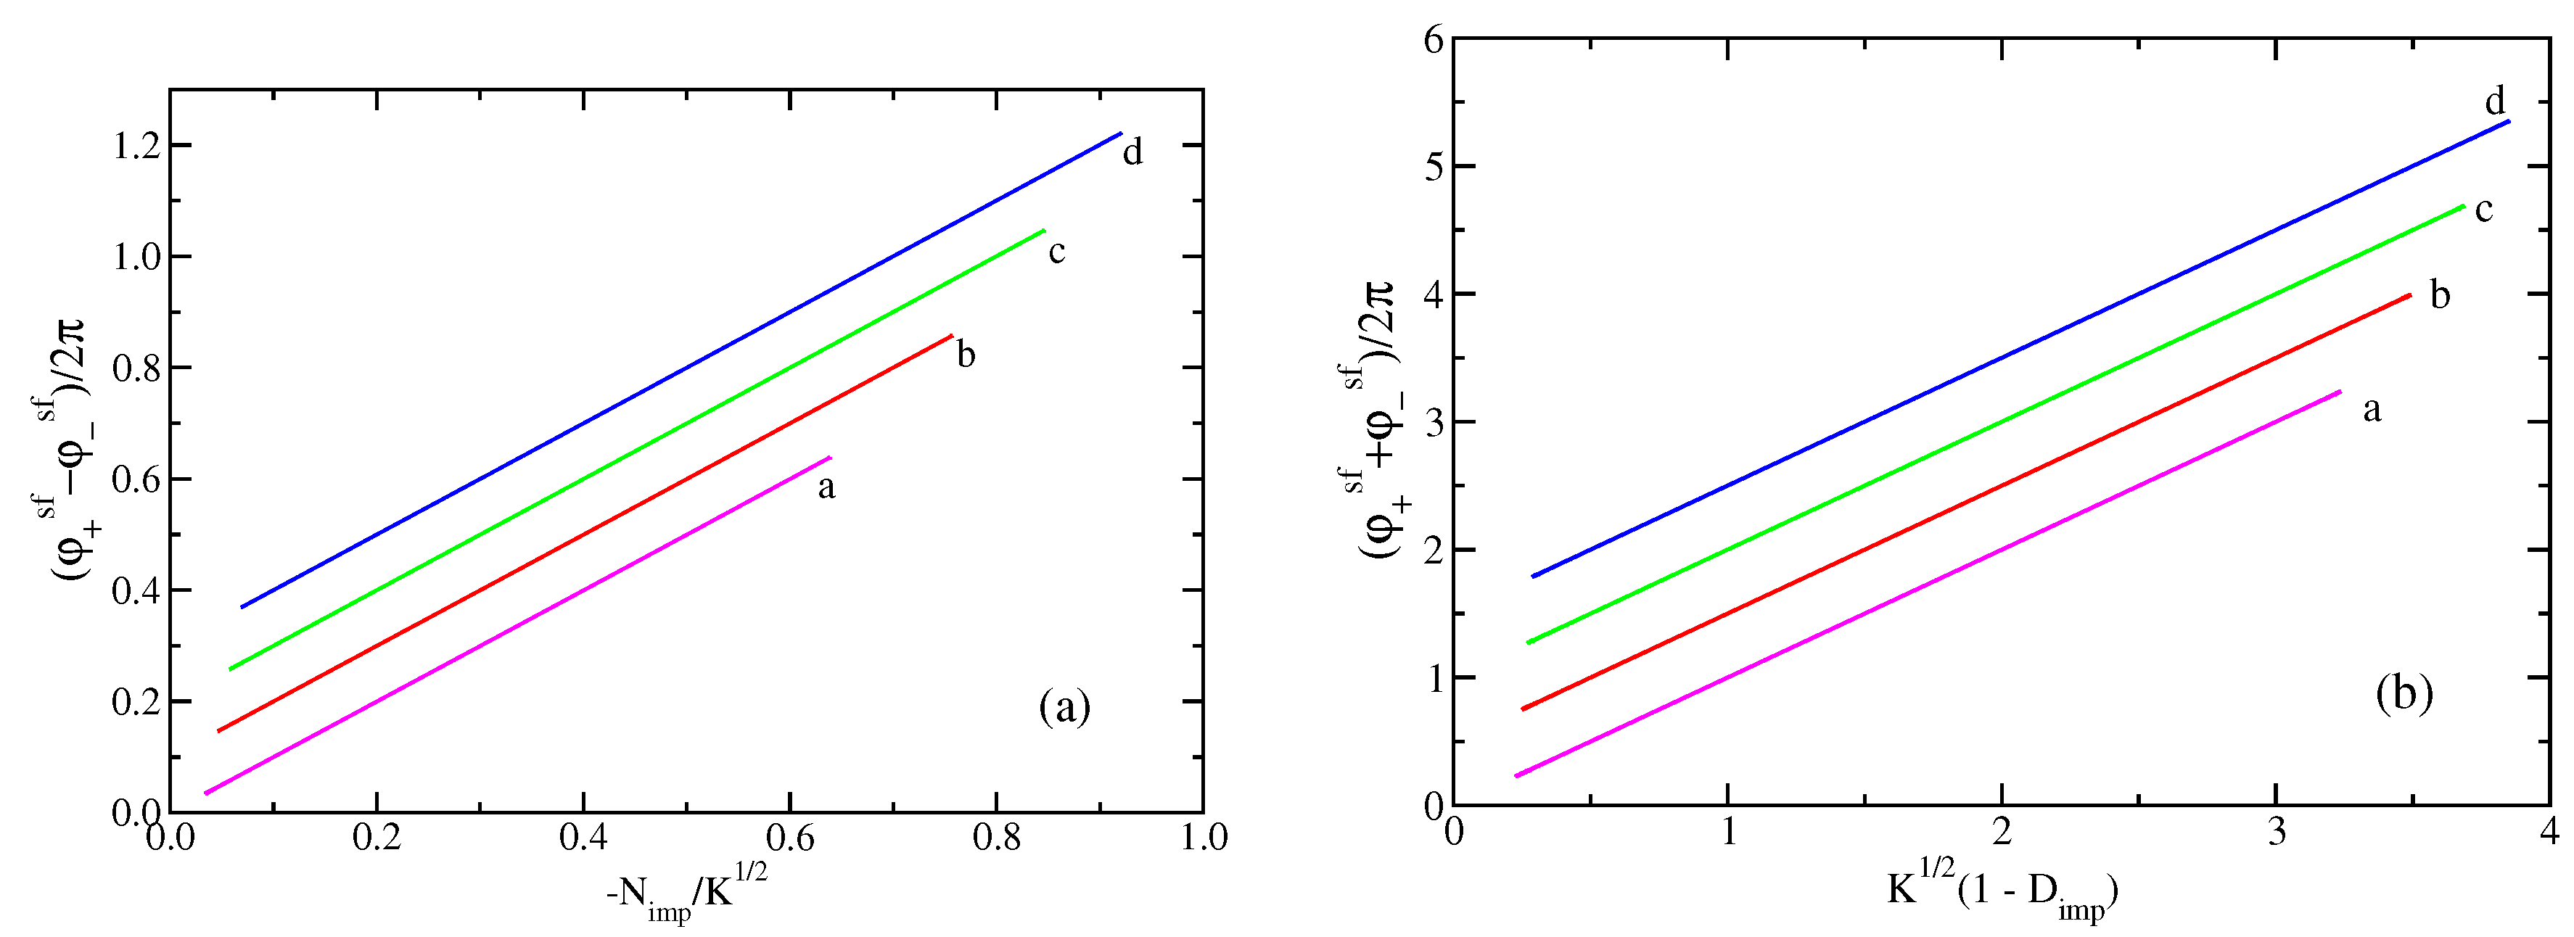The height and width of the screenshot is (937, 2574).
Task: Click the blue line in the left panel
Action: [x=680, y=370]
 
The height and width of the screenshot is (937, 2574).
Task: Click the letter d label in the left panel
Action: [x=1132, y=153]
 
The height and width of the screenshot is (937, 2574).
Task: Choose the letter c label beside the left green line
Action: [x=1057, y=252]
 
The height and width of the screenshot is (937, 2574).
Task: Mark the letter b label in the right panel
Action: [x=2440, y=296]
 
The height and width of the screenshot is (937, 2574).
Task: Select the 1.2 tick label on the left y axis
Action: [x=138, y=146]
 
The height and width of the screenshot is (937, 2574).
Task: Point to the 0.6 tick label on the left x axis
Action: [x=789, y=837]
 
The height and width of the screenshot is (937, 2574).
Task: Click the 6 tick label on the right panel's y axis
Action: [x=1434, y=40]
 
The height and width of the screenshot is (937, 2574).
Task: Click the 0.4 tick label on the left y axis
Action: [x=138, y=591]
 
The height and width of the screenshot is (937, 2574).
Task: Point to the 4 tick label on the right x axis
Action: [x=2549, y=832]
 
